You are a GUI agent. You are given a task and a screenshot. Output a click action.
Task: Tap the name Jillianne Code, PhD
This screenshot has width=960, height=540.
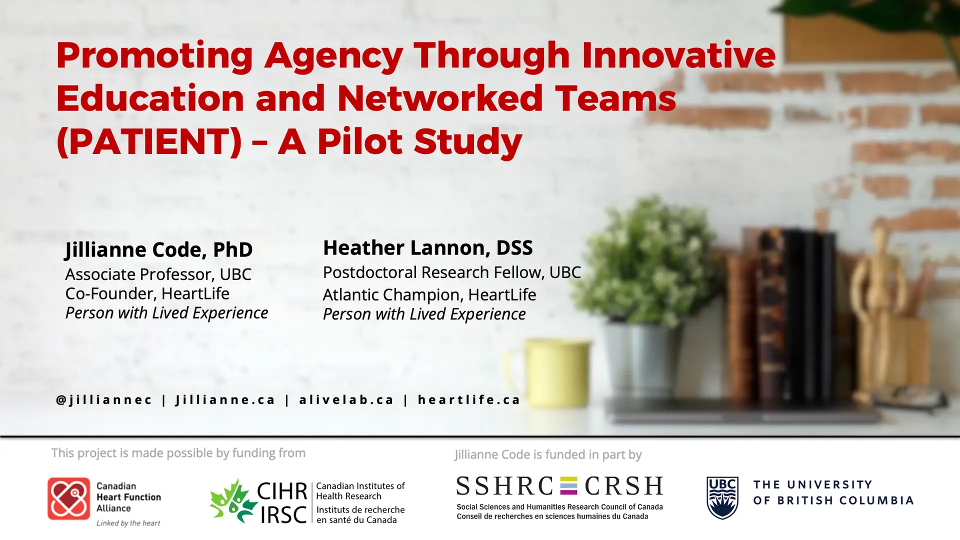point(159,249)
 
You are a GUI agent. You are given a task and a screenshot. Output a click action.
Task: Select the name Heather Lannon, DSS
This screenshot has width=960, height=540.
point(427,247)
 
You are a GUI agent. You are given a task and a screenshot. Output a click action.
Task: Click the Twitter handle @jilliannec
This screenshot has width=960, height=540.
point(104,399)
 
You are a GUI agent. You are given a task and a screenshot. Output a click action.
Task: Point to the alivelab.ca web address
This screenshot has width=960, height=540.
point(346,399)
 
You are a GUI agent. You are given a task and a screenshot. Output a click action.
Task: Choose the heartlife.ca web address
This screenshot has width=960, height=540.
point(469,399)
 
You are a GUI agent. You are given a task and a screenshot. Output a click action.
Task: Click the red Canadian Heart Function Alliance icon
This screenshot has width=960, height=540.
point(69,498)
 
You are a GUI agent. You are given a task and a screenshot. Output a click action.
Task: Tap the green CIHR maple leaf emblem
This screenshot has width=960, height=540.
point(233,501)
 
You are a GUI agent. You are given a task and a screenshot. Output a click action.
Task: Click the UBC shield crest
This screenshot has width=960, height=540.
point(722,498)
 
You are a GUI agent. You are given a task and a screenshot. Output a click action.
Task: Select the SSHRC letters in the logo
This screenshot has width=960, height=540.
point(505,486)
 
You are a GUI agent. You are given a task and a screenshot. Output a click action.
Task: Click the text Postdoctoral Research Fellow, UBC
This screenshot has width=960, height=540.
point(452,272)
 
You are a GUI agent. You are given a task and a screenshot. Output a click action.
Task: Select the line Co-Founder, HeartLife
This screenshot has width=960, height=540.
point(147,293)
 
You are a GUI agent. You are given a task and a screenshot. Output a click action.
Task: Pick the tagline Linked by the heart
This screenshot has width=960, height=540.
point(128,523)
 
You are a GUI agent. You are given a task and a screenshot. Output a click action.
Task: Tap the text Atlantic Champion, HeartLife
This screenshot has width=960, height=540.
point(429,295)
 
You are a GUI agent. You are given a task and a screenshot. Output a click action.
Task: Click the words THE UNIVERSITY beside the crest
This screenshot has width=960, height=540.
point(813,484)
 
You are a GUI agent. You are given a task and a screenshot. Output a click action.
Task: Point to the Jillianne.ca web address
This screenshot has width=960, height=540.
point(225,399)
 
